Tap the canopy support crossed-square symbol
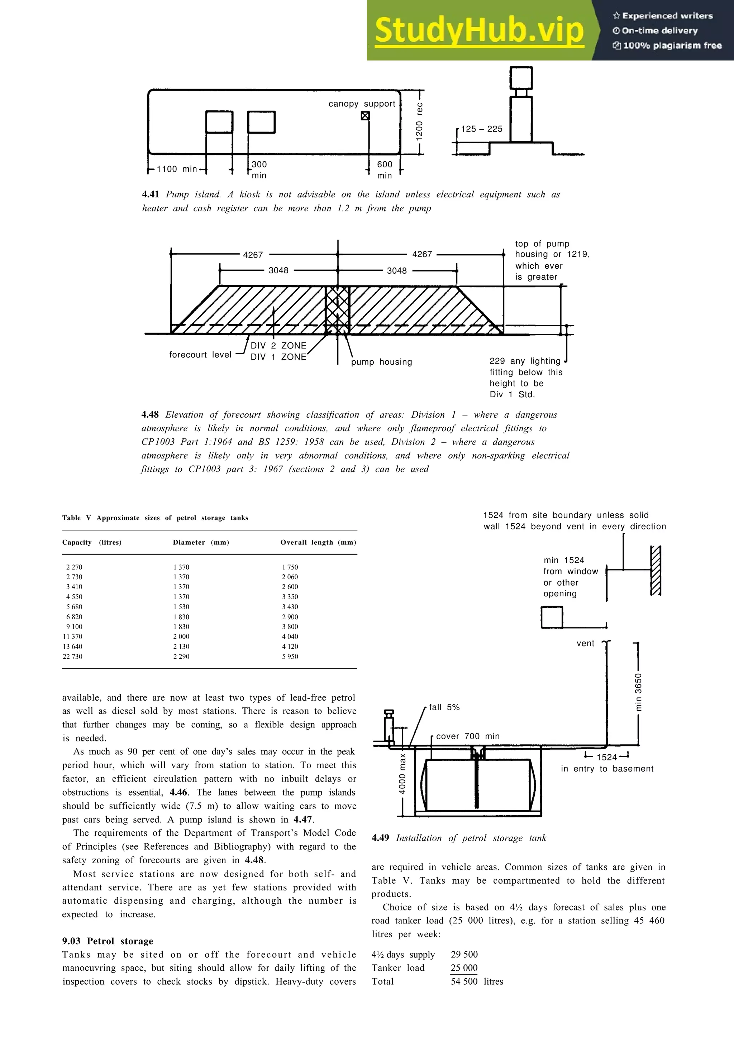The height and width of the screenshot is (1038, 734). (365, 116)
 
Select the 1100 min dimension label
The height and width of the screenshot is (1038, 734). (176, 169)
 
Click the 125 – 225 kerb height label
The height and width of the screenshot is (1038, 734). (482, 129)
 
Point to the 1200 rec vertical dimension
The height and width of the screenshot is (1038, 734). (419, 121)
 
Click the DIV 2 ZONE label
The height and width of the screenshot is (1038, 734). (278, 345)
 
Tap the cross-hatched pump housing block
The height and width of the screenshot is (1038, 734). (337, 310)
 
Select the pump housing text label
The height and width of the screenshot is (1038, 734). (381, 362)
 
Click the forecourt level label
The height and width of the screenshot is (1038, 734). (200, 355)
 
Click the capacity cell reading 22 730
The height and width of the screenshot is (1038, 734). (72, 657)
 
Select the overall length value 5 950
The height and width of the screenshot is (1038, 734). (290, 657)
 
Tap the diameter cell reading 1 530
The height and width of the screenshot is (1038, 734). (181, 607)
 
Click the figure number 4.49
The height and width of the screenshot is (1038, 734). (380, 838)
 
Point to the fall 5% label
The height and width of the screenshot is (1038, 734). (444, 707)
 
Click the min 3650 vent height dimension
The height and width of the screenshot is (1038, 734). (638, 692)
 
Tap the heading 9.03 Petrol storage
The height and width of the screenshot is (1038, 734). (108, 941)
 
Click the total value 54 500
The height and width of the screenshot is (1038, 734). (464, 981)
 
